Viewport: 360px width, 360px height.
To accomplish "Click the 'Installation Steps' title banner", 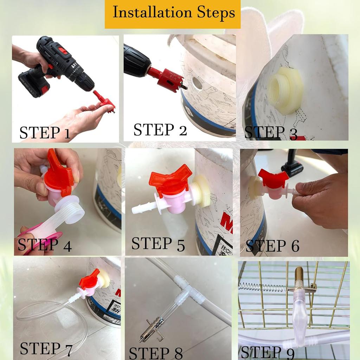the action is [173, 14].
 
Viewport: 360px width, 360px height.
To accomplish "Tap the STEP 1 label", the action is [45, 133].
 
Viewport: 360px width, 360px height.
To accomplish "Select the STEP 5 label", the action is [158, 244].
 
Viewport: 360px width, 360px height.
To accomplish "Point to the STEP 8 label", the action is [156, 353].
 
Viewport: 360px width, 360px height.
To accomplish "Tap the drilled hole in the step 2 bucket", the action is [198, 83].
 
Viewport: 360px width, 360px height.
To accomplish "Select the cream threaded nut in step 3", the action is [284, 90].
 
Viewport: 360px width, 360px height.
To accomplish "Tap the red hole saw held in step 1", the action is [104, 101].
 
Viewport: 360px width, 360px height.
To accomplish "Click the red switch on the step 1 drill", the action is [63, 51].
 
